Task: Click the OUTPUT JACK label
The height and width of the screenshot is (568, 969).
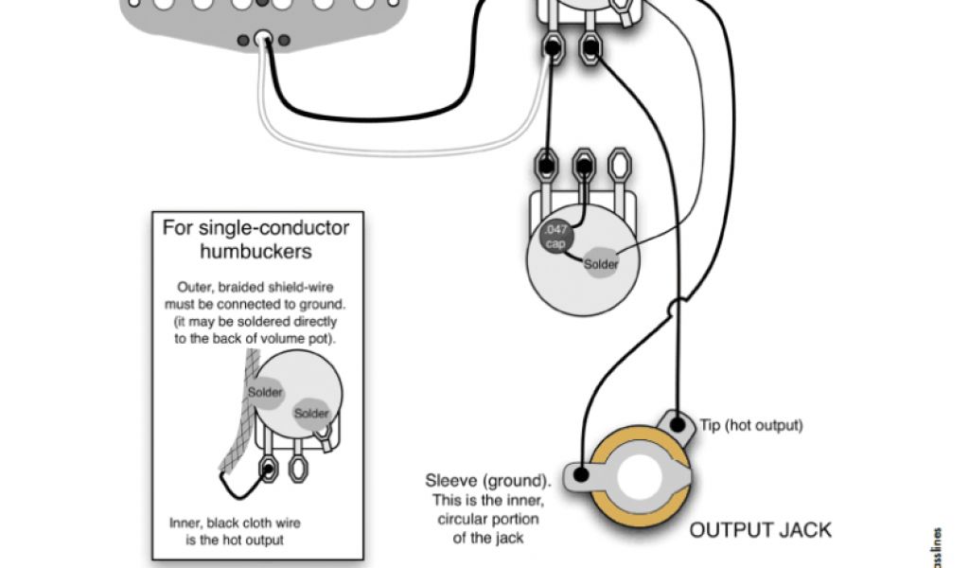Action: coord(760,529)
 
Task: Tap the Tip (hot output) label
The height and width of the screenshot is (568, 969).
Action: coord(751,425)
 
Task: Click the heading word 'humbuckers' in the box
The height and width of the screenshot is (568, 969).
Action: coord(255,252)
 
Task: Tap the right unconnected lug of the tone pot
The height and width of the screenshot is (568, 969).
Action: coord(619,164)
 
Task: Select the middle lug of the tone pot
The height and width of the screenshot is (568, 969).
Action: coord(585,164)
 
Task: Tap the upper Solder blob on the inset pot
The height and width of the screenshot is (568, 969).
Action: coord(267,391)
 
